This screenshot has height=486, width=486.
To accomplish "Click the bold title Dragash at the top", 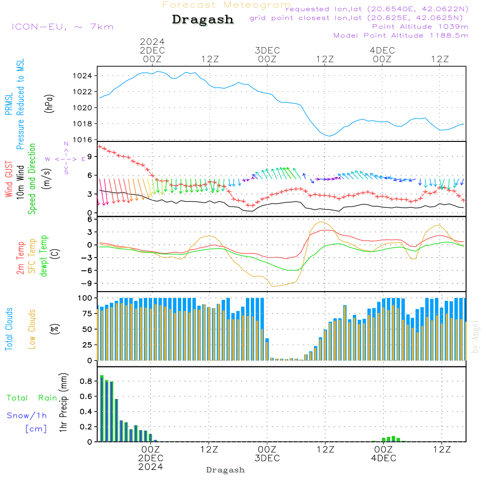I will (203, 20).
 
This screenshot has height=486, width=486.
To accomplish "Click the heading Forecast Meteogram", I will (226, 5).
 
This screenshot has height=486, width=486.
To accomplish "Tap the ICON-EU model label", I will (62, 26).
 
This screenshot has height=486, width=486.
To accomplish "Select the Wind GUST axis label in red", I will (9, 180).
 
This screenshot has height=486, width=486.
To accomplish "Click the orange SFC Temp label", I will (33, 256).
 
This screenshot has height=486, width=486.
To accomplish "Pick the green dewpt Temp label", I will (44, 256).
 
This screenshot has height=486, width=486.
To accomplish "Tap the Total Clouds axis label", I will (9, 329).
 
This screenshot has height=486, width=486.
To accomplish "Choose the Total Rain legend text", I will (32, 398).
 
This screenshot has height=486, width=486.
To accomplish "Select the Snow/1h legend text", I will (27, 416).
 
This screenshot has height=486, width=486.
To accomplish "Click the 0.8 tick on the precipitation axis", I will (87, 382).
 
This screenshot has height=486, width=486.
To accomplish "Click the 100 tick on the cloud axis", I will (85, 297).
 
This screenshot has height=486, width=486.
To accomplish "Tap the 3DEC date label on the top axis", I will (267, 51).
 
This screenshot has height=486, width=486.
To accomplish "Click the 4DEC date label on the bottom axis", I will (383, 458).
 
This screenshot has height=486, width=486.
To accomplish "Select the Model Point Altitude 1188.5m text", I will (401, 35).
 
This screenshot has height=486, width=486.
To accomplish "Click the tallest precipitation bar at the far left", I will (102, 408).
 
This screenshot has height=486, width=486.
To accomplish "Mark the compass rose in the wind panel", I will (66, 159).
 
